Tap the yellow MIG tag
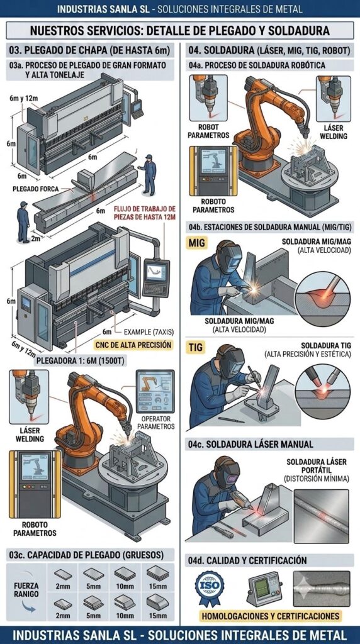[x=196, y=243]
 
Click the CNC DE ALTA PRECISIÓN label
[x=133, y=345]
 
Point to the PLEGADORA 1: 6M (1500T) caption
[x=81, y=361]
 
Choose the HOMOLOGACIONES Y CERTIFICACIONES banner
[x=271, y=616]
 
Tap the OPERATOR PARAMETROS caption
[x=155, y=423]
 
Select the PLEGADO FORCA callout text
[x=36, y=189]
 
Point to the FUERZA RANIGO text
[x=25, y=590]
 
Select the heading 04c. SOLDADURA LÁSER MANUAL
[x=250, y=444]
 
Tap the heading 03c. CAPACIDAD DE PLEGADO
[x=86, y=555]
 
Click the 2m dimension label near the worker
[x=36, y=238]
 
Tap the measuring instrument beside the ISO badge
[x=264, y=589]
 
